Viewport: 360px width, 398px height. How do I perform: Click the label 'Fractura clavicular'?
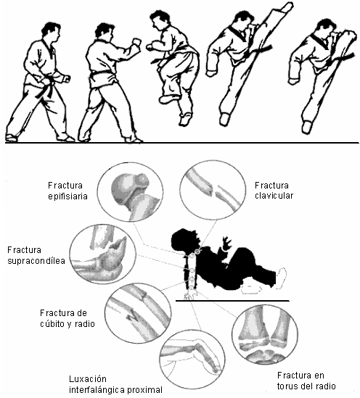pos(274,191)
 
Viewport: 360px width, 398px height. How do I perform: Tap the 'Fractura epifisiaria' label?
pos(67,191)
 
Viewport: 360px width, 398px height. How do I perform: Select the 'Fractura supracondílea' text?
pos(36,255)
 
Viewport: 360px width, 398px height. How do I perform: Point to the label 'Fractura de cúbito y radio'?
pos(67,318)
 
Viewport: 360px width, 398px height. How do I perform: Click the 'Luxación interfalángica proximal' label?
pos(115,384)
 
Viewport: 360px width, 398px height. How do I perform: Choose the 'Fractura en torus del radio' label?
pos(306,381)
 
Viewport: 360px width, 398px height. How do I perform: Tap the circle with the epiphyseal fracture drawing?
pos(131,192)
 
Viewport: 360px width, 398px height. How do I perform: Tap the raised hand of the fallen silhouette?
pos(226,243)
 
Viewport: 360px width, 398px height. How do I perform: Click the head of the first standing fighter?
pos(51,32)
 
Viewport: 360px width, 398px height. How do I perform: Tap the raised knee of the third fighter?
pos(166,98)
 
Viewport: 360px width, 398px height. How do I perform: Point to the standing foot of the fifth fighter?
pos(306,127)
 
